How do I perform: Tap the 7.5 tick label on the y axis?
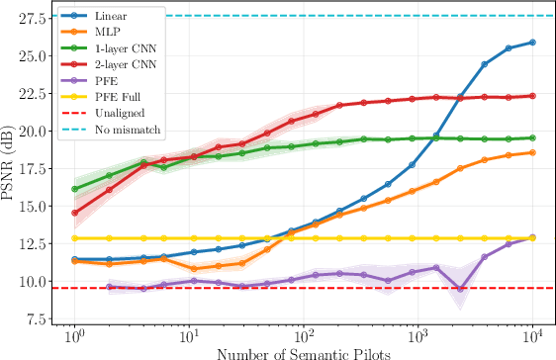[39, 318]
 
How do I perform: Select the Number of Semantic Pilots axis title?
[304, 352]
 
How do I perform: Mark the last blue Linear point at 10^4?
[533, 43]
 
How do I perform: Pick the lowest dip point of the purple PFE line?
[460, 289]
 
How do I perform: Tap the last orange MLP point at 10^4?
[533, 152]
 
